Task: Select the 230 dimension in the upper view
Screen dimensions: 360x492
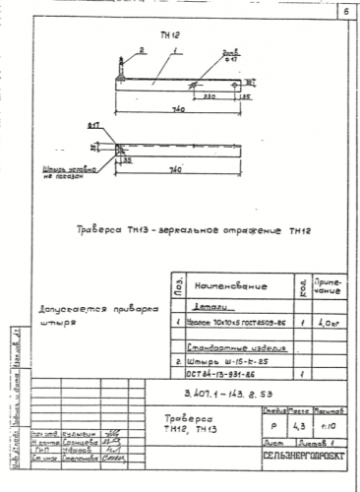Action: point(210,95)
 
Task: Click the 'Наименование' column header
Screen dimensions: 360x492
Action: point(232,284)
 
